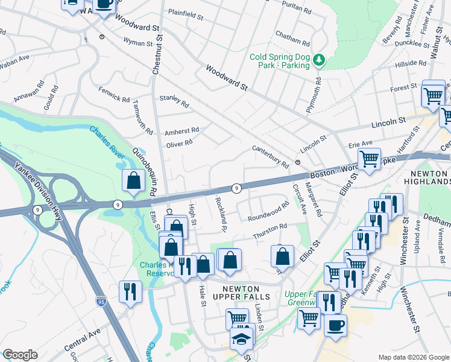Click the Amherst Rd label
tap(182, 130)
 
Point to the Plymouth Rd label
tap(314, 94)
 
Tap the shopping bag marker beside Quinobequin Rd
tap(133, 180)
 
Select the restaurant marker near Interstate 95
tap(130, 291)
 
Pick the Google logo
tap(20, 355)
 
